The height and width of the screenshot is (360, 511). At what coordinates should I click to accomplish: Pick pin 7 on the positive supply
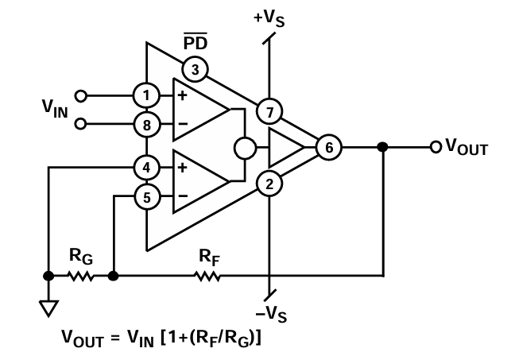(270, 110)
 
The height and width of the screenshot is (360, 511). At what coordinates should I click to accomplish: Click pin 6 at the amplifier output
(327, 147)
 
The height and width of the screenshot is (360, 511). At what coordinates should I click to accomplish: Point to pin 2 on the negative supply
(270, 184)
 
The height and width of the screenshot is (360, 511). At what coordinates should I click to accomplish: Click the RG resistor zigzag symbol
(81, 277)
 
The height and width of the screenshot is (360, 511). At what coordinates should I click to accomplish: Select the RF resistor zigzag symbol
(207, 277)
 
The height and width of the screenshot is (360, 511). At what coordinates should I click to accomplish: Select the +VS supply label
(270, 18)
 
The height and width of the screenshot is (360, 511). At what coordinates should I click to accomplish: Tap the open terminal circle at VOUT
(435, 147)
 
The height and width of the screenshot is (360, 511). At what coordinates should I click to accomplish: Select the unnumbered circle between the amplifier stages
(245, 147)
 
